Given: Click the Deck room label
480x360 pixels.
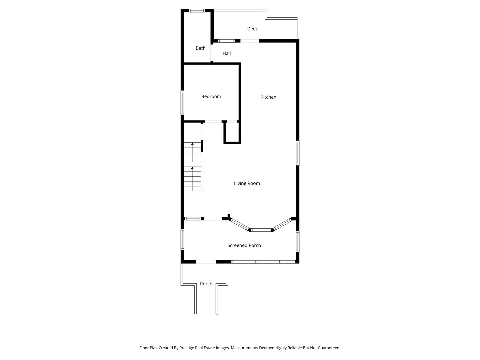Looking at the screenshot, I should [x=252, y=29].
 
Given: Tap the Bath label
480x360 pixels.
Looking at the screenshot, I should [x=200, y=48].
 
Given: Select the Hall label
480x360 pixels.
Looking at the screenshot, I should [x=227, y=53].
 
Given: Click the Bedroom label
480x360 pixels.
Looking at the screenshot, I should [x=211, y=96].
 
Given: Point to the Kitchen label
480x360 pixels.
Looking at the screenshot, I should [x=268, y=97].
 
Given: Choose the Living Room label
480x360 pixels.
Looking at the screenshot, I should [x=247, y=183].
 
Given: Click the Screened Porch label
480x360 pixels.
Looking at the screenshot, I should [x=244, y=245].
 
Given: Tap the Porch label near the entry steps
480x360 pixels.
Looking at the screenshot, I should [x=206, y=284].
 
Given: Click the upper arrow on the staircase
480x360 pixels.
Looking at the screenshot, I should [x=192, y=144].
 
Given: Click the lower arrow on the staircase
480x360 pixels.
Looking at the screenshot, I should [x=192, y=168].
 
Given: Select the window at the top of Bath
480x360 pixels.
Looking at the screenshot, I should [x=197, y=11].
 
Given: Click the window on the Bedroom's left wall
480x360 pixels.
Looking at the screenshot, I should [x=182, y=102].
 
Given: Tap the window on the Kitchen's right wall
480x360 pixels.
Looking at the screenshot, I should [x=298, y=153].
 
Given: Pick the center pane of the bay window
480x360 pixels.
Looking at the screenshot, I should [x=261, y=230].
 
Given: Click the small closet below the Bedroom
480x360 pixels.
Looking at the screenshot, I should [x=232, y=133].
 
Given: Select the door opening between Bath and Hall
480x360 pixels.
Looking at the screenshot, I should [x=212, y=53].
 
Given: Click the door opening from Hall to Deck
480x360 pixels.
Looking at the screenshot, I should [x=250, y=41].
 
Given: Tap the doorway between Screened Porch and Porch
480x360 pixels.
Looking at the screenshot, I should [x=206, y=262].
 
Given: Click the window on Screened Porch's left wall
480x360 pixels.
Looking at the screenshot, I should [x=182, y=239].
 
